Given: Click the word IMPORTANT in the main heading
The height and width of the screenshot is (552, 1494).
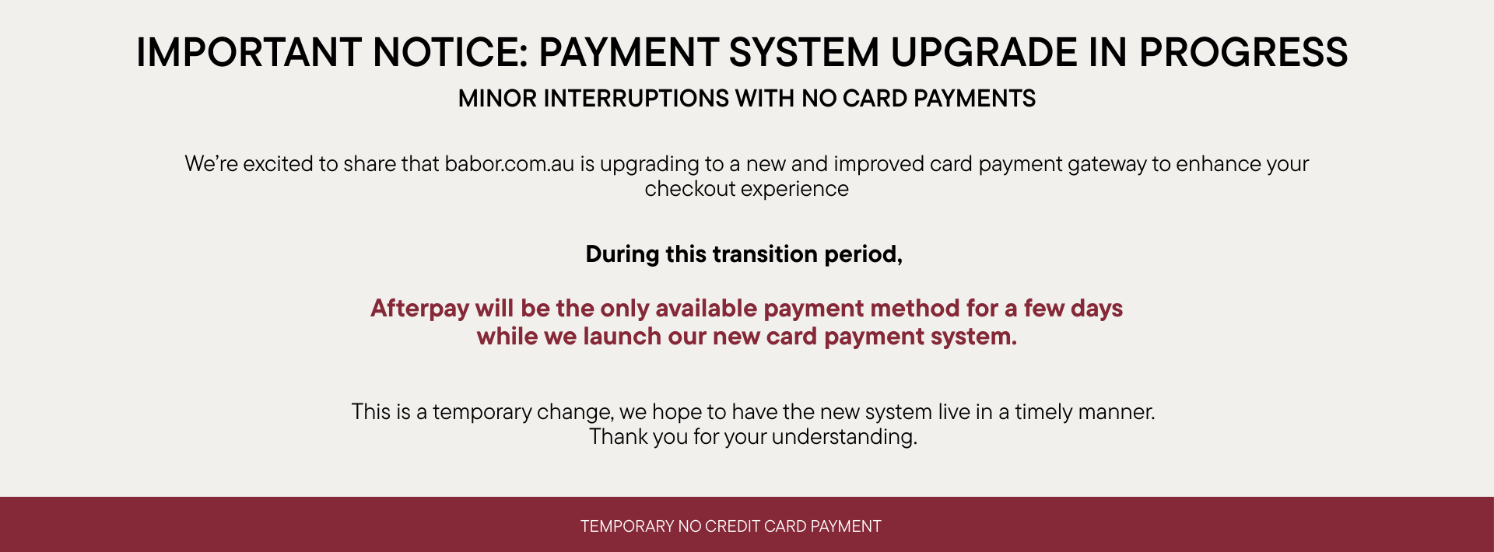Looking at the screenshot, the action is (249, 53).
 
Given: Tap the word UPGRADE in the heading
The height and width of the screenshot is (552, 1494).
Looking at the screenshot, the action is (983, 53).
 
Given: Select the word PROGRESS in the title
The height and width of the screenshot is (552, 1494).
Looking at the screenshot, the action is (1243, 53).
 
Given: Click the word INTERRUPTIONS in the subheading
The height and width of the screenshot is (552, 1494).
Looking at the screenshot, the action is (636, 99).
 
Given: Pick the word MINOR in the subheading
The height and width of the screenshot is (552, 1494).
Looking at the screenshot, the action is (497, 99).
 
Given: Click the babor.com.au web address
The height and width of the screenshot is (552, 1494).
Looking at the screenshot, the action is (509, 164).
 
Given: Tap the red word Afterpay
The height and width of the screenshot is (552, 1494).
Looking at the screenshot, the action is (420, 309).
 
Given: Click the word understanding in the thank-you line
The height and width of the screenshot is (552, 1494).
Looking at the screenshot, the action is (844, 438).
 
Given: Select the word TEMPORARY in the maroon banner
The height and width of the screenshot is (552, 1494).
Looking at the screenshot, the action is (627, 526).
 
